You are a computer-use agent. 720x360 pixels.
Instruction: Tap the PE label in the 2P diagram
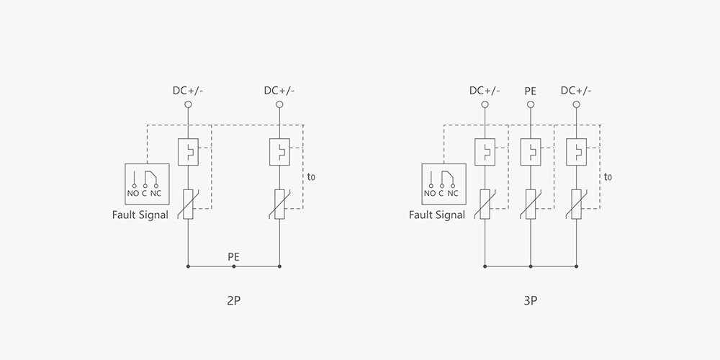pyautogui.click(x=233, y=256)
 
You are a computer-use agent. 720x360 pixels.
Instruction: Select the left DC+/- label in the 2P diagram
pyautogui.click(x=188, y=91)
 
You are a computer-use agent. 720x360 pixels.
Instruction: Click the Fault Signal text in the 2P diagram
pyautogui.click(x=140, y=215)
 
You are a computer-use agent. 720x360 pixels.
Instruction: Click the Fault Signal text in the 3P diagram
pyautogui.click(x=437, y=215)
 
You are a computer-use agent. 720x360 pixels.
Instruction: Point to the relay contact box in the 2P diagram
pyautogui.click(x=147, y=183)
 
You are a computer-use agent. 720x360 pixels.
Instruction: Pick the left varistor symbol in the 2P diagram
pyautogui.click(x=188, y=204)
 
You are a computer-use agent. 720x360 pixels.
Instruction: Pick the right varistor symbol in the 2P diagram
pyautogui.click(x=279, y=204)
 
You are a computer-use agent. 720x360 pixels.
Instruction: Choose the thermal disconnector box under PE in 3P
pyautogui.click(x=530, y=152)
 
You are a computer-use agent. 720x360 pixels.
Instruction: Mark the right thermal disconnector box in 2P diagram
pyautogui.click(x=279, y=152)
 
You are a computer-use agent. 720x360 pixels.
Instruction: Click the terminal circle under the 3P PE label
pyautogui.click(x=530, y=105)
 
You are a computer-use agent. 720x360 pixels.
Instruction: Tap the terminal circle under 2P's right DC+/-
pyautogui.click(x=279, y=105)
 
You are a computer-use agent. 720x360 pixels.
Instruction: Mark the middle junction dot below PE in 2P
pyautogui.click(x=233, y=266)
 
